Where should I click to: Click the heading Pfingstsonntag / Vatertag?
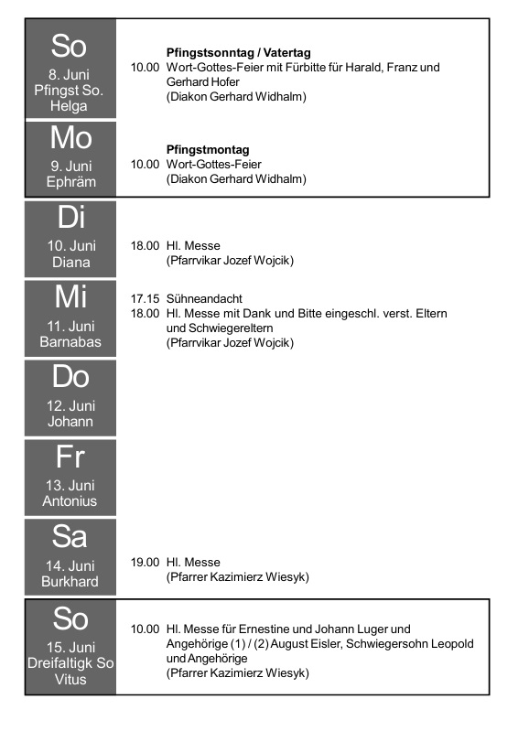(239, 52)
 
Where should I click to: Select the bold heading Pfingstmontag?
(208, 150)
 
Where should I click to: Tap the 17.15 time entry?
(145, 298)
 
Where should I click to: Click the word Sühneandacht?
(204, 298)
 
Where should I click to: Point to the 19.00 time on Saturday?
(145, 562)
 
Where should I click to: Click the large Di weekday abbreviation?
(71, 218)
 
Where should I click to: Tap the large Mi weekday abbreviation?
(70, 297)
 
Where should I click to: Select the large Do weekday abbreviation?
(70, 377)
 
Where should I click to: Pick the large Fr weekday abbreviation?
(70, 457)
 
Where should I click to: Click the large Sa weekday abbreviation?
(70, 536)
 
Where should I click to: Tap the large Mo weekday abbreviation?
(71, 138)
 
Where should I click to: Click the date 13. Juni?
(70, 486)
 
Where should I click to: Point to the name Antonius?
(70, 501)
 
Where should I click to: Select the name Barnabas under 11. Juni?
(70, 341)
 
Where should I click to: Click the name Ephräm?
(71, 182)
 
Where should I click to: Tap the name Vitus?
(70, 680)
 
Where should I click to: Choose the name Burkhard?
(70, 582)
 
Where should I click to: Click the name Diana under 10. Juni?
(71, 263)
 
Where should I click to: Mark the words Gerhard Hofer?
(203, 81)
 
